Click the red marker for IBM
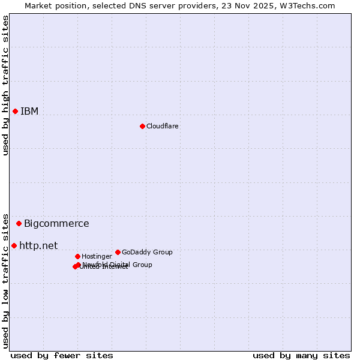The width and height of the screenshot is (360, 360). click(x=15, y=111)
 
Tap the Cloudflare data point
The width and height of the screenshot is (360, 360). click(x=142, y=126)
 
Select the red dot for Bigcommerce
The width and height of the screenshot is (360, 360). click(x=19, y=223)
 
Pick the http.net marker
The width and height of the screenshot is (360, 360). click(x=14, y=245)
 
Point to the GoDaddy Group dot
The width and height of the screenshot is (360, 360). click(x=118, y=252)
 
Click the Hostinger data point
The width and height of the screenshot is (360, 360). click(x=77, y=256)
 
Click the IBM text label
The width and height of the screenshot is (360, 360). click(x=29, y=111)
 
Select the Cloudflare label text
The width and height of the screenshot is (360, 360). click(x=162, y=126)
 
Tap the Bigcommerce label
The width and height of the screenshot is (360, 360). click(x=56, y=224)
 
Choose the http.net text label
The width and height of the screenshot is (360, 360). click(x=38, y=245)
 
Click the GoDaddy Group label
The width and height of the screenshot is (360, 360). click(x=147, y=252)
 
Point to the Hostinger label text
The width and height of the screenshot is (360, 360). click(x=97, y=256)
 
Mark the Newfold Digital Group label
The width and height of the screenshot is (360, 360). click(x=117, y=264)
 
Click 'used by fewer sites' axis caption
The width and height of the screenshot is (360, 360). click(x=62, y=355)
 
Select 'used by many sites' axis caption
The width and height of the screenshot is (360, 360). click(x=301, y=355)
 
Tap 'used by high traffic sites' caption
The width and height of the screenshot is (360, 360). click(x=5, y=85)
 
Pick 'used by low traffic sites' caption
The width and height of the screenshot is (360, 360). click(x=5, y=281)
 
